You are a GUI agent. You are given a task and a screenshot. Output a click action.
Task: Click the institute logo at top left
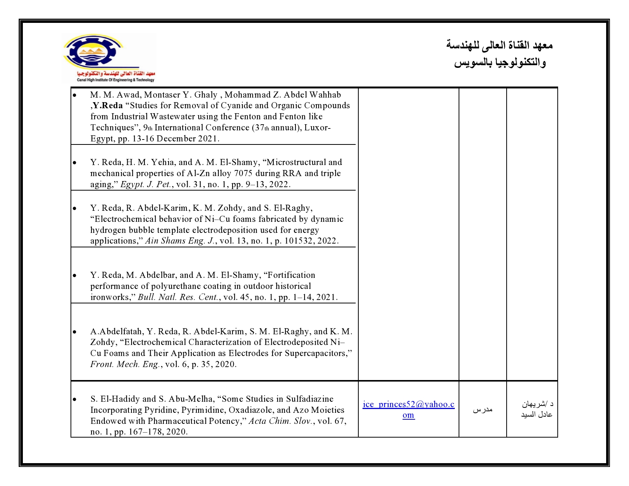point(109,58)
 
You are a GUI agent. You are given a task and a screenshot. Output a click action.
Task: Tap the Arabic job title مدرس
point(483,409)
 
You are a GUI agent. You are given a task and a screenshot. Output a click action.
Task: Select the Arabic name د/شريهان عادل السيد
point(537,409)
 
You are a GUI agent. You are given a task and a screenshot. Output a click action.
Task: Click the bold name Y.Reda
point(108,106)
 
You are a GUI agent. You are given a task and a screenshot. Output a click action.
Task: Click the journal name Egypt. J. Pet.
point(145,184)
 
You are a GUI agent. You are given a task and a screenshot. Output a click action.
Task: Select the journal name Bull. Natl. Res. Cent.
point(178,297)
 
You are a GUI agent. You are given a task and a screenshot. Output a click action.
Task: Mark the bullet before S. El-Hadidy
point(74,399)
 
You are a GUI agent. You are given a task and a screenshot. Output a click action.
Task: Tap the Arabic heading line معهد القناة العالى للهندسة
point(499,45)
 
